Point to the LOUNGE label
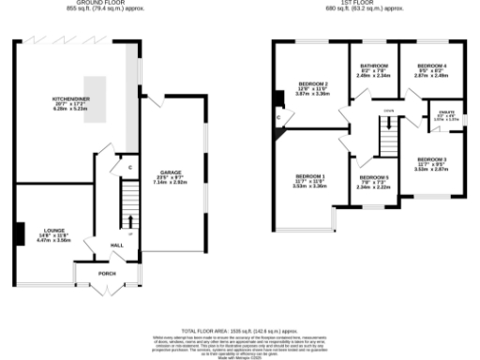click(x=52, y=232)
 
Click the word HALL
click(x=116, y=246)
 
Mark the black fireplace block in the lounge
click(x=20, y=232)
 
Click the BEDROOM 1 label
click(x=309, y=176)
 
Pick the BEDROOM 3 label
click(x=431, y=159)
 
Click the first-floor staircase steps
click(x=386, y=142)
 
